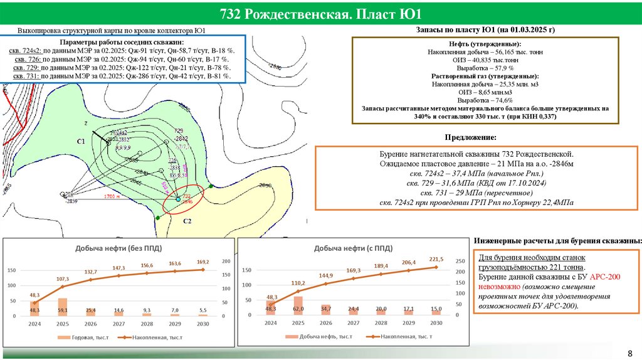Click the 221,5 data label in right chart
pos(436,259)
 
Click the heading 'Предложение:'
pos(471,137)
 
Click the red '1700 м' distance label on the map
pos(112,196)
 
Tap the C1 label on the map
pos(81,142)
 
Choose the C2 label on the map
pos(187,221)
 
